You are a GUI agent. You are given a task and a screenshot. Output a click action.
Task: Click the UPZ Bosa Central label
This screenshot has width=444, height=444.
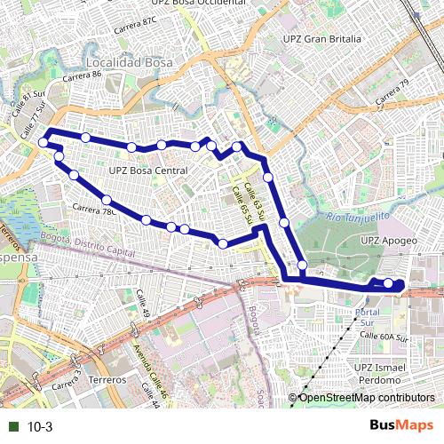148,170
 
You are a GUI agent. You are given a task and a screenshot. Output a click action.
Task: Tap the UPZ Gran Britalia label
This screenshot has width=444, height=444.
321,39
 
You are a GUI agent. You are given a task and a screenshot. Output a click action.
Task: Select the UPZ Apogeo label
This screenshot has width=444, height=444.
389,240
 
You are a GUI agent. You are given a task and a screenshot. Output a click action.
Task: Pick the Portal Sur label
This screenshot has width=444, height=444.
367,318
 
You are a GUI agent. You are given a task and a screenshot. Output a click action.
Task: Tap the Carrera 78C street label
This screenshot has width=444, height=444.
94,210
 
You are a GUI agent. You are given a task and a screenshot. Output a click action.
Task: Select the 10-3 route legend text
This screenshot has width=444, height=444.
40,427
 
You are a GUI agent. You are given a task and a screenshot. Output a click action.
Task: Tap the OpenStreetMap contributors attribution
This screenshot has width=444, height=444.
367,398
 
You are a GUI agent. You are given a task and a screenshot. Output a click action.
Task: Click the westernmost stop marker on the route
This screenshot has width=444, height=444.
43,142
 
